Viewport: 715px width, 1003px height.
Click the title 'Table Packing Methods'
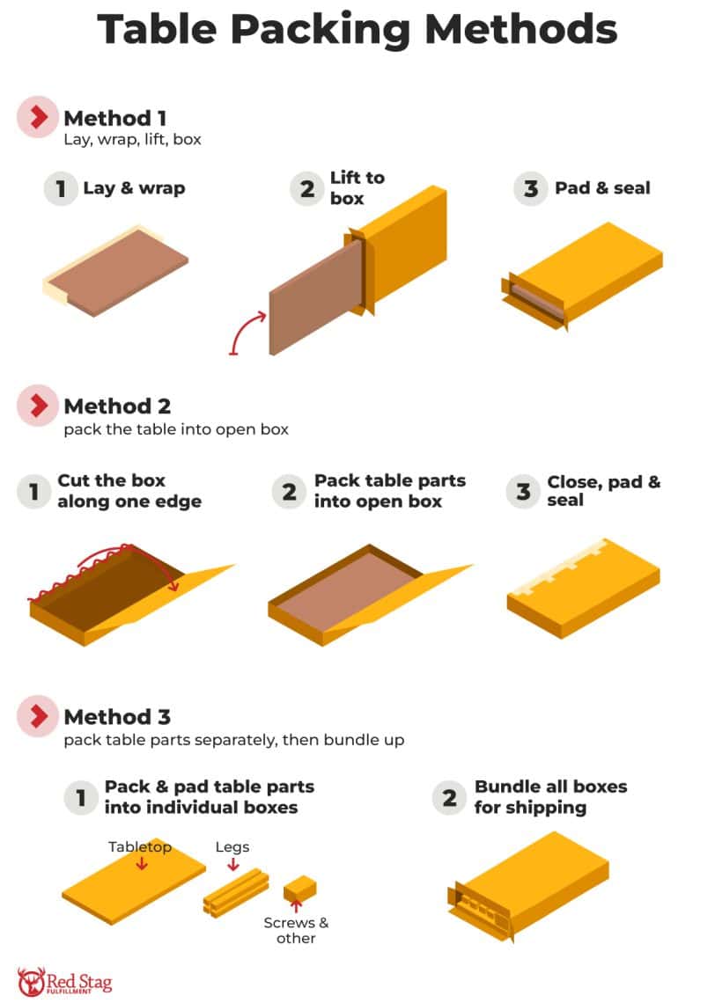click(357, 29)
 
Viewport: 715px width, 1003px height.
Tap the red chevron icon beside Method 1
click(38, 117)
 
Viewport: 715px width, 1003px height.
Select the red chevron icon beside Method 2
click(38, 406)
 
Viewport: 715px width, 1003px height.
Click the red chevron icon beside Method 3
click(38, 717)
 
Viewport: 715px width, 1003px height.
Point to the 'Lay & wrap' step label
click(134, 188)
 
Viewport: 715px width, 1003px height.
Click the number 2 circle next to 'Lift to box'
click(306, 188)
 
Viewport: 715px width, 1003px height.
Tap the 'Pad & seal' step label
click(602, 188)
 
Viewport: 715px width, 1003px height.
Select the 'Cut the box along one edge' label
click(129, 491)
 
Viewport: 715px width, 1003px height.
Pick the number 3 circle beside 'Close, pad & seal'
click(523, 491)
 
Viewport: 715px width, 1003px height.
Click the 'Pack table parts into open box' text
click(390, 491)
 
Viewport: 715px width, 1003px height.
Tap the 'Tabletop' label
click(140, 846)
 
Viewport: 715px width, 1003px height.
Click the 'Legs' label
click(232, 846)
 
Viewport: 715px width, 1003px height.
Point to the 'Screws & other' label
click(296, 930)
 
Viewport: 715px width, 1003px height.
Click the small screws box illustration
click(299, 889)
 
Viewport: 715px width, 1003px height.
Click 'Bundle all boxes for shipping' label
click(550, 796)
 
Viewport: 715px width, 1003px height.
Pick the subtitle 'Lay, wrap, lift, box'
click(132, 139)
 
